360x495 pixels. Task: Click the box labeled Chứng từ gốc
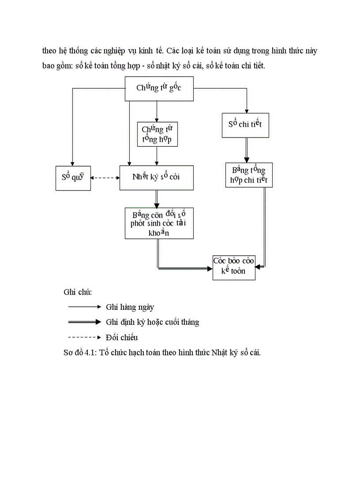tap(159, 88)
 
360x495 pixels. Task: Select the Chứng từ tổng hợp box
tap(157, 134)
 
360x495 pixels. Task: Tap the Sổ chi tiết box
tap(245, 125)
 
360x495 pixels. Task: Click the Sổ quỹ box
tap(73, 178)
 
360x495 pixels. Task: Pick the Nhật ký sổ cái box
tap(156, 178)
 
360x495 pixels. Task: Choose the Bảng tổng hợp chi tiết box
tap(249, 175)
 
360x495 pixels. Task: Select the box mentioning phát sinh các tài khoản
tap(159, 223)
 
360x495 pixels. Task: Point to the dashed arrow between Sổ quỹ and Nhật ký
tap(105, 178)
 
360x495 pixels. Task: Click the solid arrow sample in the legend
tap(85, 307)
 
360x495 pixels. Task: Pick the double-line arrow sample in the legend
tap(85, 322)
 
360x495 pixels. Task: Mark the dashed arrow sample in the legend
tap(85, 337)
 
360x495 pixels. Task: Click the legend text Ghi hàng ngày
tap(130, 307)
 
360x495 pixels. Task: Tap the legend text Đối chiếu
tap(122, 338)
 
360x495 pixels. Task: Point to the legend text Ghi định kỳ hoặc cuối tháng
tap(152, 322)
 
